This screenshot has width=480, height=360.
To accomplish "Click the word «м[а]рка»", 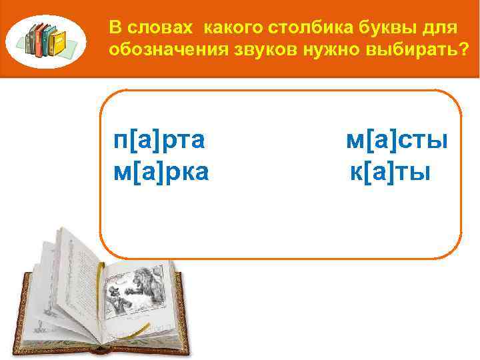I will [x=161, y=173].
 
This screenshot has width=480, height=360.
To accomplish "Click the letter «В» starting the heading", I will [x=114, y=29].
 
